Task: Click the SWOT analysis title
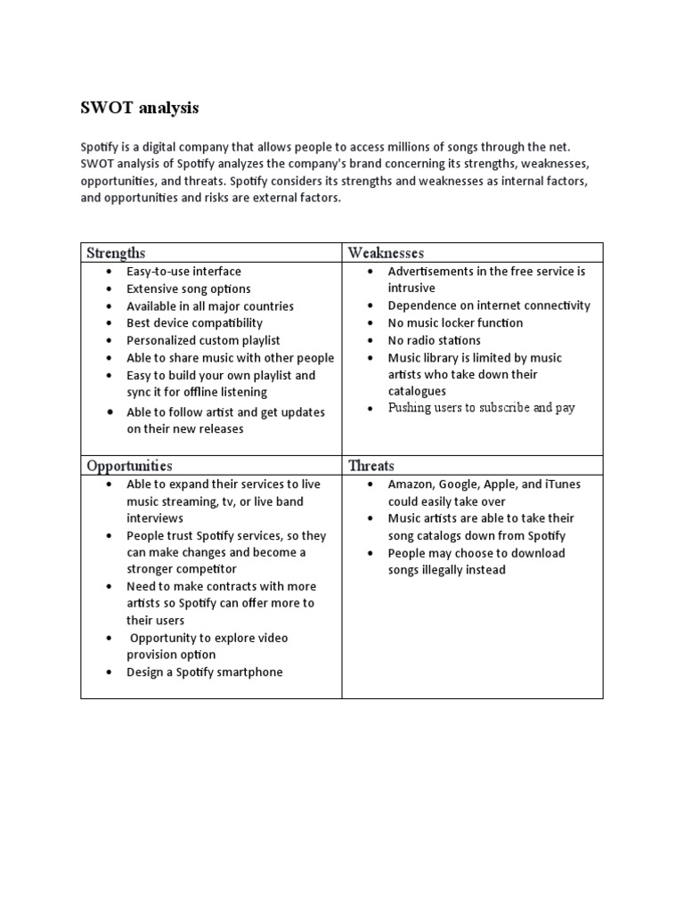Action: (x=140, y=108)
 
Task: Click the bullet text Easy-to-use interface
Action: (x=183, y=271)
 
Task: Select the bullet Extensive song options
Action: (x=189, y=289)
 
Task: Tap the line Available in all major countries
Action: (x=209, y=305)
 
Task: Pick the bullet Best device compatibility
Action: (x=194, y=322)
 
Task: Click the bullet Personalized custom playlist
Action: (x=203, y=340)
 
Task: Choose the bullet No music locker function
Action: (x=455, y=322)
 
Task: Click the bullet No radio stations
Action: (x=434, y=340)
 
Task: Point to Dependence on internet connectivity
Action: (x=489, y=305)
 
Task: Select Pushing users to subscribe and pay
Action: (x=481, y=408)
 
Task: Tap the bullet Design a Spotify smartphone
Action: (x=204, y=672)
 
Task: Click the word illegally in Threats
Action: (x=455, y=570)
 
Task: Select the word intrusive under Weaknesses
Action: (x=411, y=289)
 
